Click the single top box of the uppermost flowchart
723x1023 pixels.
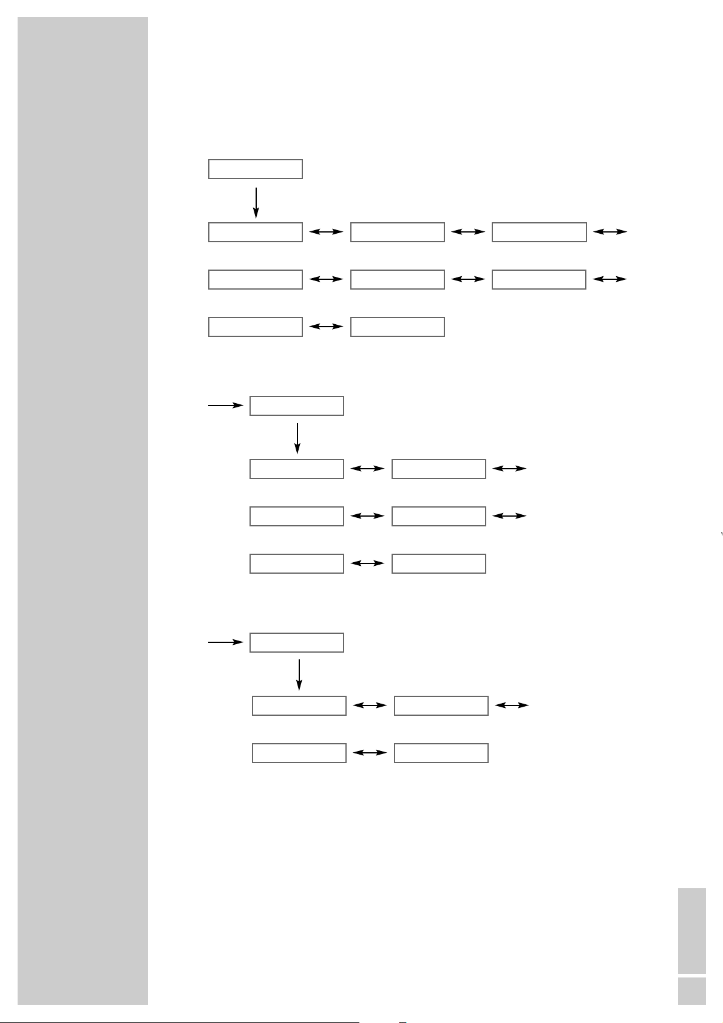(x=256, y=169)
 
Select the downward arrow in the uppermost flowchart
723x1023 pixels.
(x=256, y=202)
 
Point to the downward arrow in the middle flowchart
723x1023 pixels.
(x=297, y=438)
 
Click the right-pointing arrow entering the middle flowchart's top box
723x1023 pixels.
(x=225, y=405)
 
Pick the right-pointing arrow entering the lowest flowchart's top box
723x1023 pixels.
(x=225, y=642)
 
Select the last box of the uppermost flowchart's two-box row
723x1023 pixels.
(x=398, y=327)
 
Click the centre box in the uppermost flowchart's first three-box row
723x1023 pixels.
(x=398, y=233)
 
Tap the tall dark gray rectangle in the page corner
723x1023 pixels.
(x=691, y=931)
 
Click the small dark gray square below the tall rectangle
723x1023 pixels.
(x=691, y=991)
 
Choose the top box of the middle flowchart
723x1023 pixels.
(x=297, y=406)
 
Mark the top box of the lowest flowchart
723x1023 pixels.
(x=297, y=642)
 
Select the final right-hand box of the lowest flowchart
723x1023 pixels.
(x=441, y=753)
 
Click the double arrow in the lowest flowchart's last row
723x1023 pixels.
(x=370, y=753)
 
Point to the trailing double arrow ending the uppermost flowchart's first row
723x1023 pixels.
(x=610, y=232)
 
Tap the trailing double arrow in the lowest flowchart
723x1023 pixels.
(x=512, y=705)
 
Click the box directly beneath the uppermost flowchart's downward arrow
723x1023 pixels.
(x=256, y=233)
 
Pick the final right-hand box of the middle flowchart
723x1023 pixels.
(x=439, y=564)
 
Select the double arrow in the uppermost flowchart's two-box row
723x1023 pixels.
(x=326, y=327)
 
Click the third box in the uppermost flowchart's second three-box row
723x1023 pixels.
(x=539, y=280)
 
